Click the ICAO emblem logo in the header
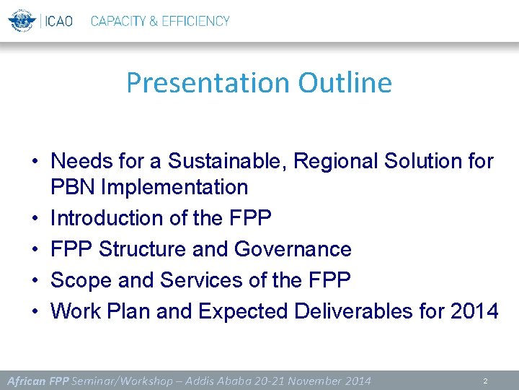tap(22, 20)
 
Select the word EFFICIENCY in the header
tap(194, 21)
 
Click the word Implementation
tap(174, 187)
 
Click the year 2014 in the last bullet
tap(471, 311)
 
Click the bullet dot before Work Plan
tap(35, 312)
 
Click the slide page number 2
tap(486, 381)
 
